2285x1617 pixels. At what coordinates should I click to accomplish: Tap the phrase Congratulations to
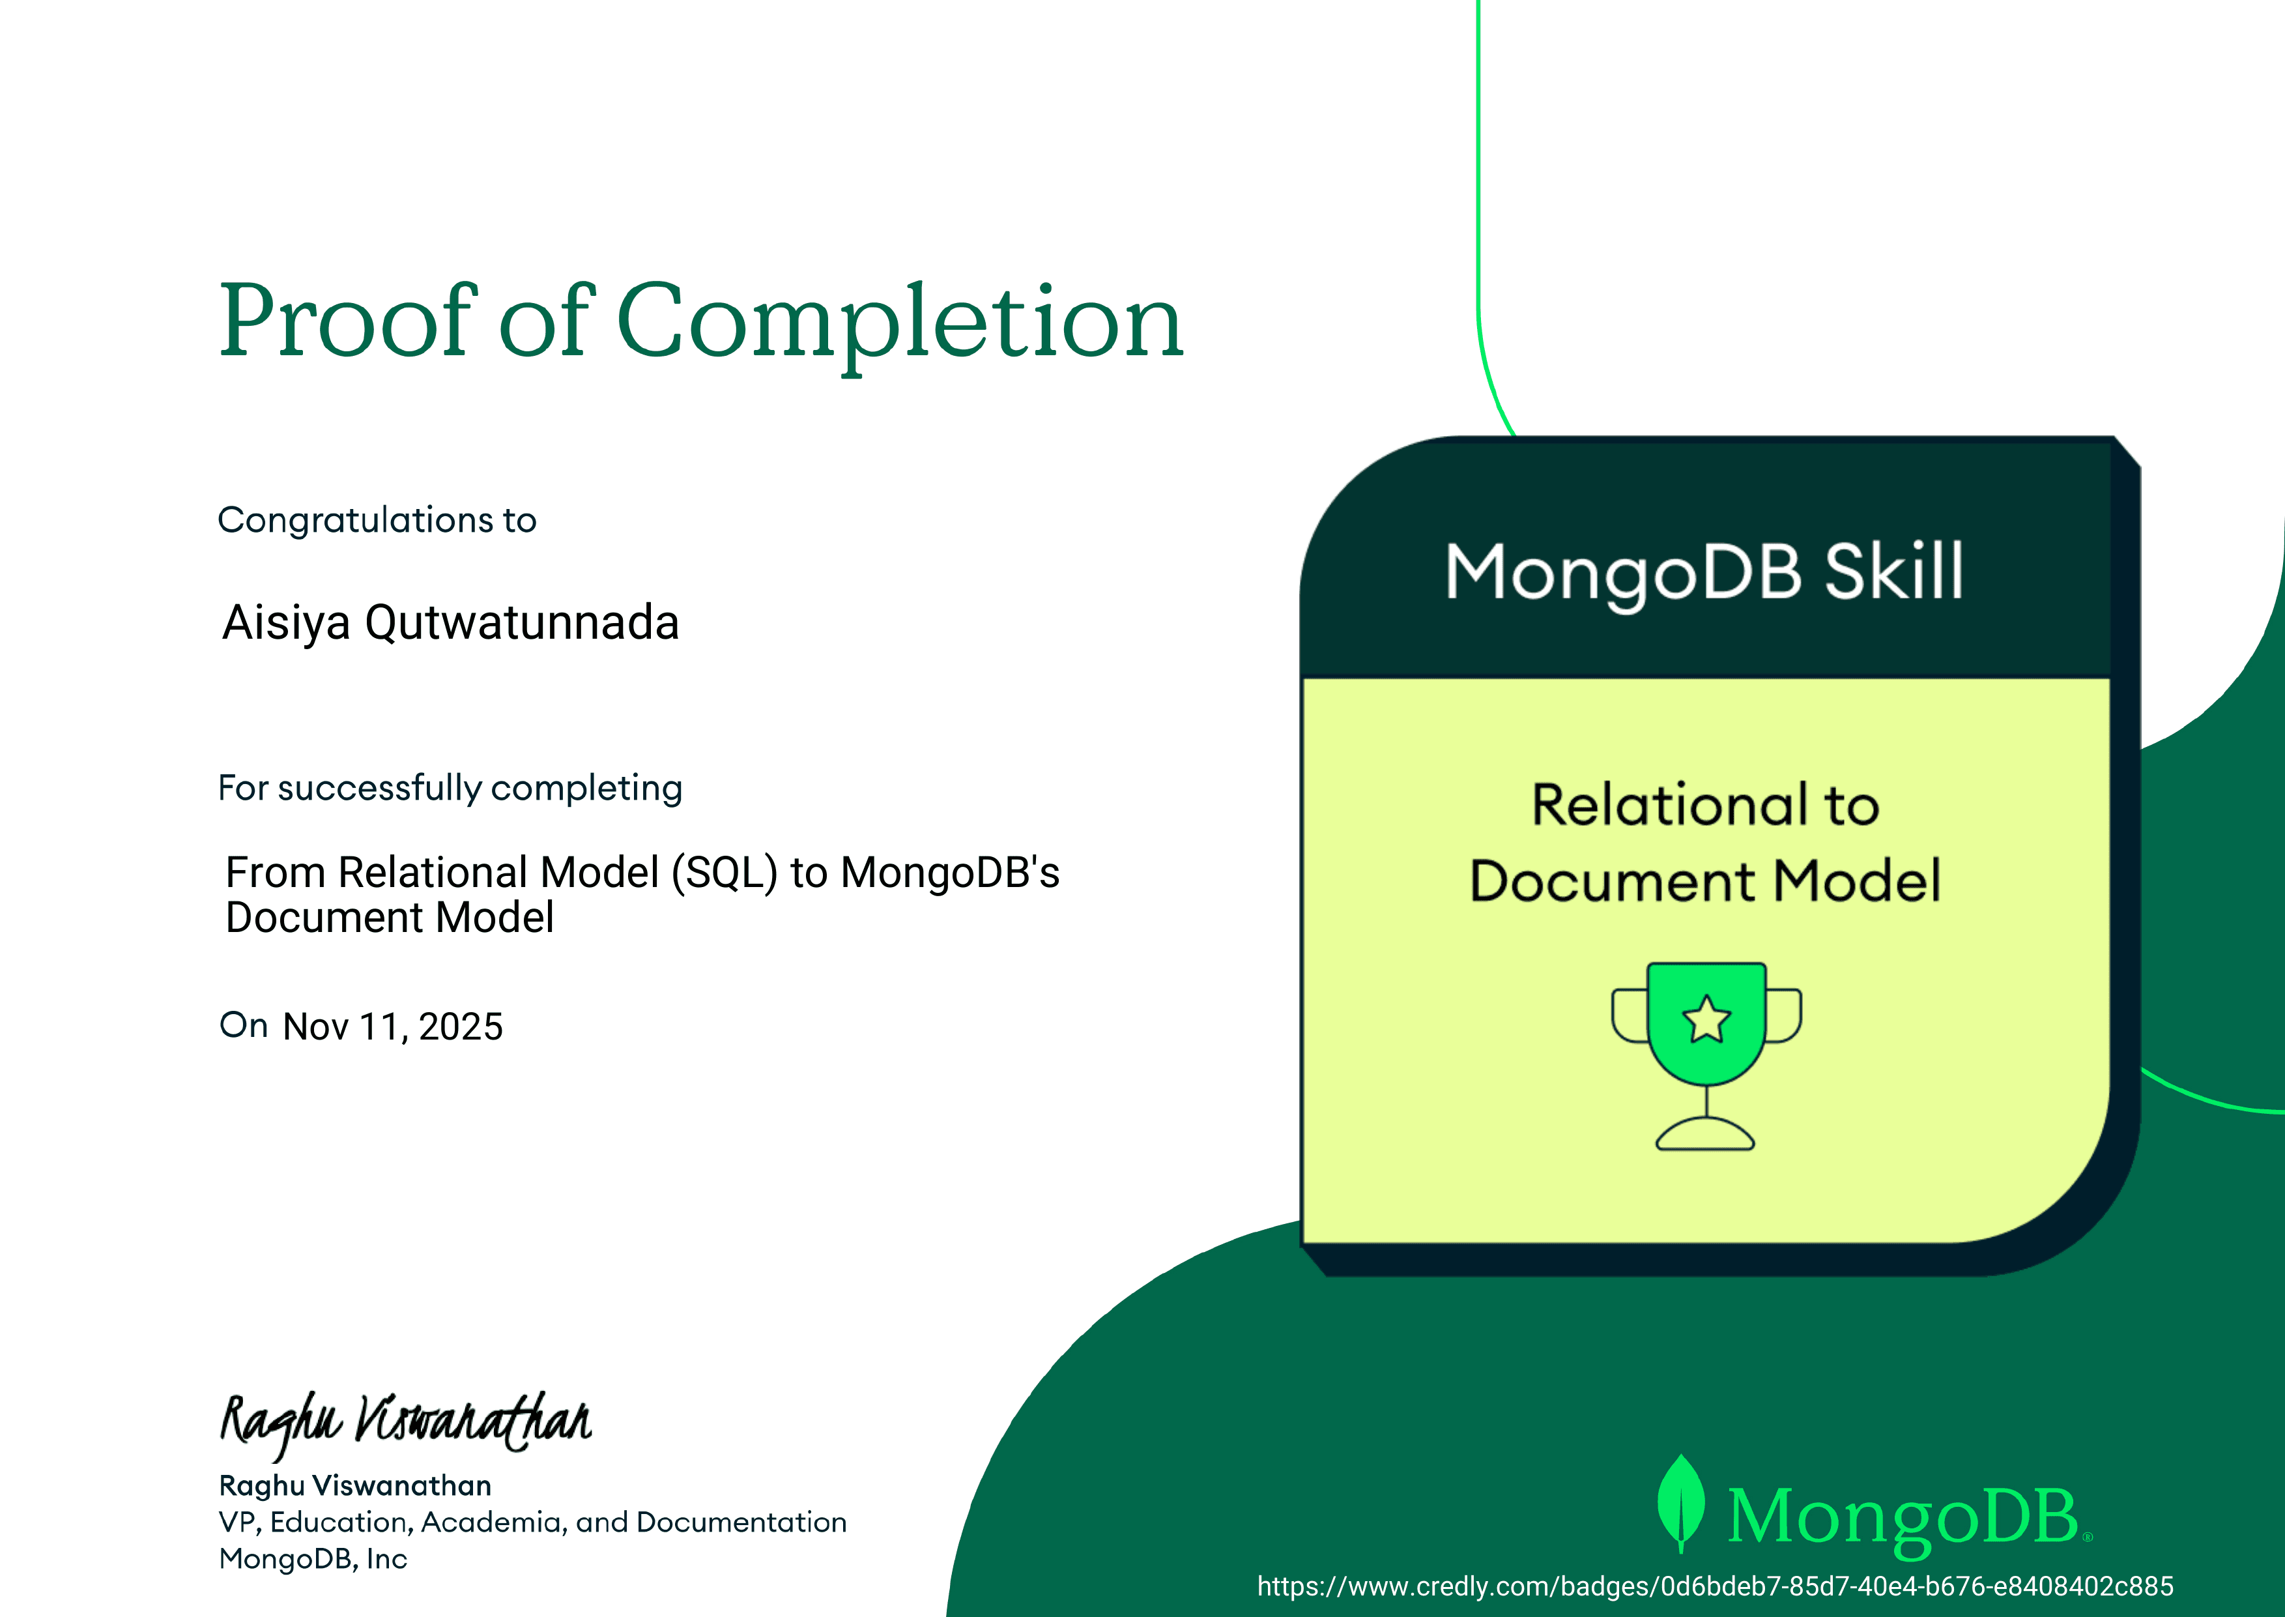point(377,519)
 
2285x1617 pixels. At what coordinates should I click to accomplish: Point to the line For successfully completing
point(450,787)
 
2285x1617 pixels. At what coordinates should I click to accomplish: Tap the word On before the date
point(244,1025)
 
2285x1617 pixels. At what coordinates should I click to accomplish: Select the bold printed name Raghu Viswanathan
point(355,1485)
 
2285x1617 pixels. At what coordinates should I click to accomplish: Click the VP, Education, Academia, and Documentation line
point(532,1522)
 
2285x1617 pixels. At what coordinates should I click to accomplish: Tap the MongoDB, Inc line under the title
point(313,1558)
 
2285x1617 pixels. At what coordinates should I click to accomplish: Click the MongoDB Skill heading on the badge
point(1704,572)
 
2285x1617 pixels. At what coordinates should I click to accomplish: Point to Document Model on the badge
point(1705,881)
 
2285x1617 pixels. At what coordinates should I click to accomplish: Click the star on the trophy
point(1707,1019)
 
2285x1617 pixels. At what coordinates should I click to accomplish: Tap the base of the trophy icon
point(1705,1136)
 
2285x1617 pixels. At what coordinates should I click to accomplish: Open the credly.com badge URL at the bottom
point(1715,1586)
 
